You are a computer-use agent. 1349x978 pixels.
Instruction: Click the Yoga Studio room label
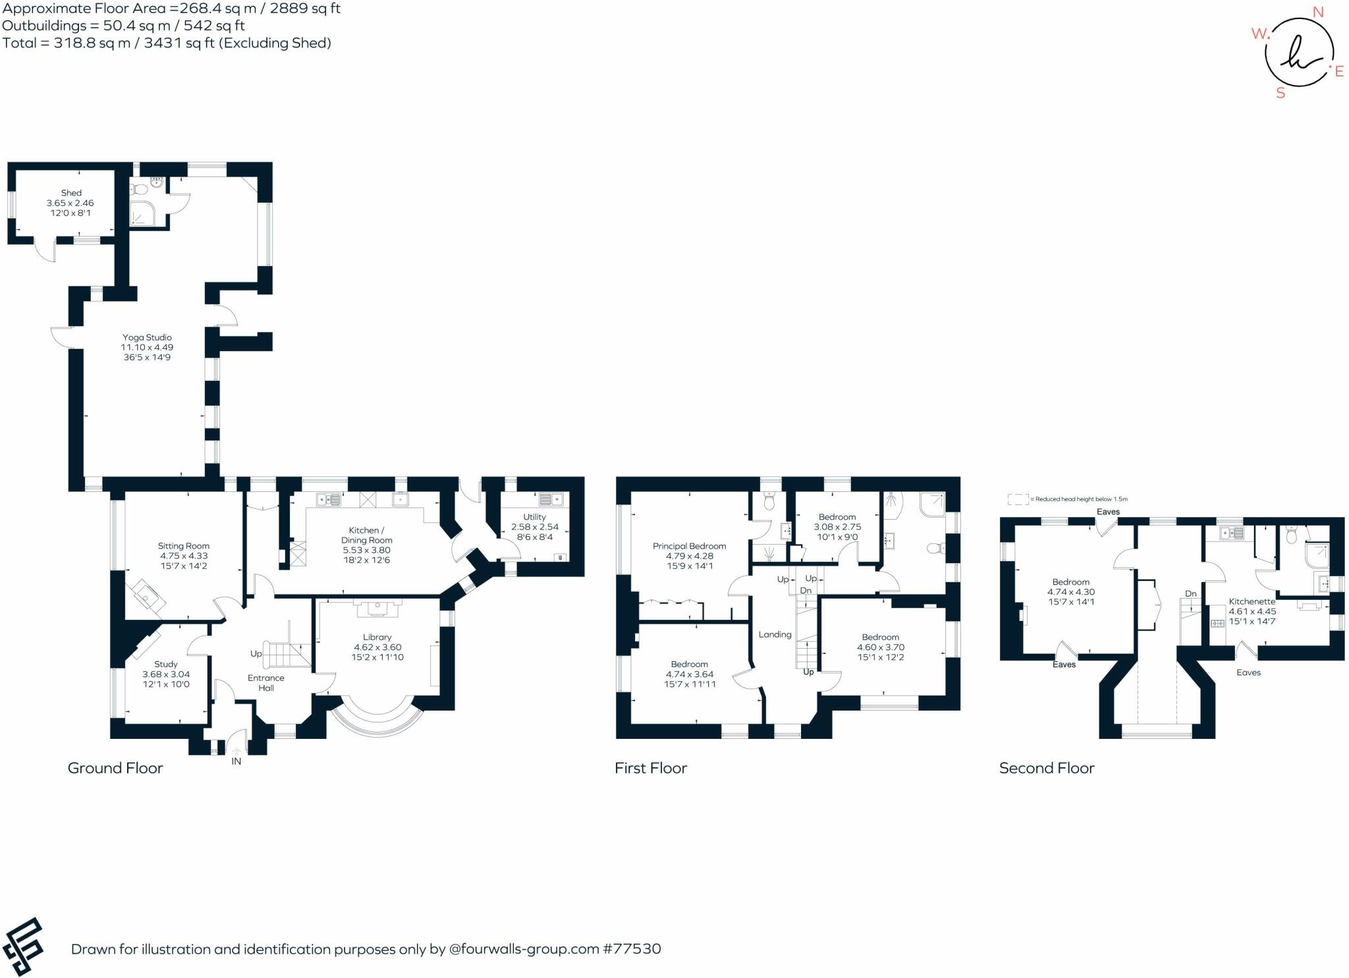tap(147, 337)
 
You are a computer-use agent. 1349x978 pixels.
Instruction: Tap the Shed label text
tap(71, 193)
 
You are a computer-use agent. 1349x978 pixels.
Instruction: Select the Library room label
tap(377, 637)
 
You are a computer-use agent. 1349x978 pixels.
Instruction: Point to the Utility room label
tap(534, 517)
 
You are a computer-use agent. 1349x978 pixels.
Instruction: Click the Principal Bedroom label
tap(689, 546)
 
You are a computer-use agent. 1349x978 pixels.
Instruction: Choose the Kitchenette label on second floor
tap(1252, 601)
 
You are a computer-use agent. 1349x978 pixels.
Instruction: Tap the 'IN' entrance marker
tap(236, 761)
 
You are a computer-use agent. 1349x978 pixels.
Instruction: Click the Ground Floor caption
tap(115, 768)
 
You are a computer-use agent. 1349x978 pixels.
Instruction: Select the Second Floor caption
tap(1046, 768)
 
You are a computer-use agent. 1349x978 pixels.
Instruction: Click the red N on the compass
tap(1318, 12)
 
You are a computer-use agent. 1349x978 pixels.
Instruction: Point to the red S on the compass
tap(1280, 94)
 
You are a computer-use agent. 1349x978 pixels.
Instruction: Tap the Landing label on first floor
tap(775, 634)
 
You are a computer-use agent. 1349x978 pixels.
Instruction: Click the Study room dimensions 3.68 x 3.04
tap(166, 674)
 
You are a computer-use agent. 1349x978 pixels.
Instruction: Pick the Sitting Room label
tap(183, 546)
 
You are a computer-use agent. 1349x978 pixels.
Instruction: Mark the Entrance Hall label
tap(266, 683)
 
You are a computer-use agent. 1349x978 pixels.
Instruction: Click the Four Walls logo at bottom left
tap(24, 946)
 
